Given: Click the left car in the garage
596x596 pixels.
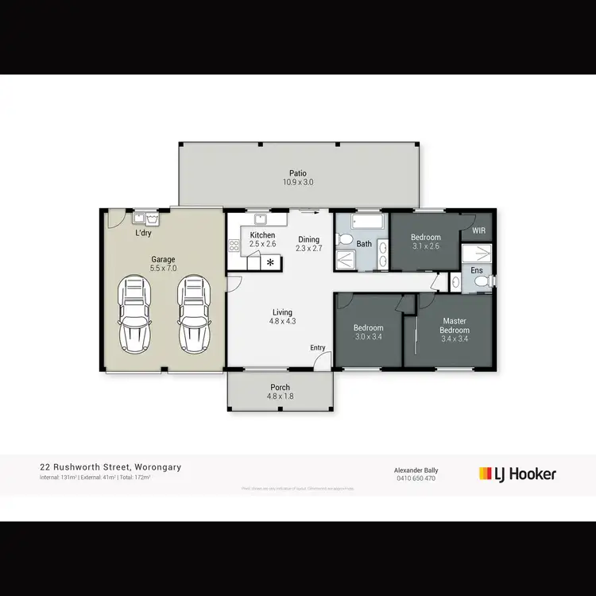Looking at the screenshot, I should point(135,315).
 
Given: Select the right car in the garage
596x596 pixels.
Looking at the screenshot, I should point(193,315).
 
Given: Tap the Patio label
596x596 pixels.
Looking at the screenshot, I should point(298,172).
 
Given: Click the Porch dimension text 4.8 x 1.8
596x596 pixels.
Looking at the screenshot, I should point(280,396).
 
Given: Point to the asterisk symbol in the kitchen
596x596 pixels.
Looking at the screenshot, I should point(271,261).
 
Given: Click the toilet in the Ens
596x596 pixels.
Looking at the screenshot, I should point(455,281).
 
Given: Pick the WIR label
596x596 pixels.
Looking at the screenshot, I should point(478,230).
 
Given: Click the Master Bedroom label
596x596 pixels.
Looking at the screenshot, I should point(455,326).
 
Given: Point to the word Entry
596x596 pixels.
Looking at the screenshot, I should point(318,348).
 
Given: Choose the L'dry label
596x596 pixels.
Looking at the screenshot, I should point(144,234).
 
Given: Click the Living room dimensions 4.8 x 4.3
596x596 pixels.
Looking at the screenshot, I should point(282,322).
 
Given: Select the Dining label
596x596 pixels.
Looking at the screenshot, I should point(309,239).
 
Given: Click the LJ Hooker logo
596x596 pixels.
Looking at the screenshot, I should point(517,474).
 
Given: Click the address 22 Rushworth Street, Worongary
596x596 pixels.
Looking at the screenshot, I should point(110,467).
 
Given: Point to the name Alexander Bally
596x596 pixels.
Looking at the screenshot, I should point(416,470).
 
